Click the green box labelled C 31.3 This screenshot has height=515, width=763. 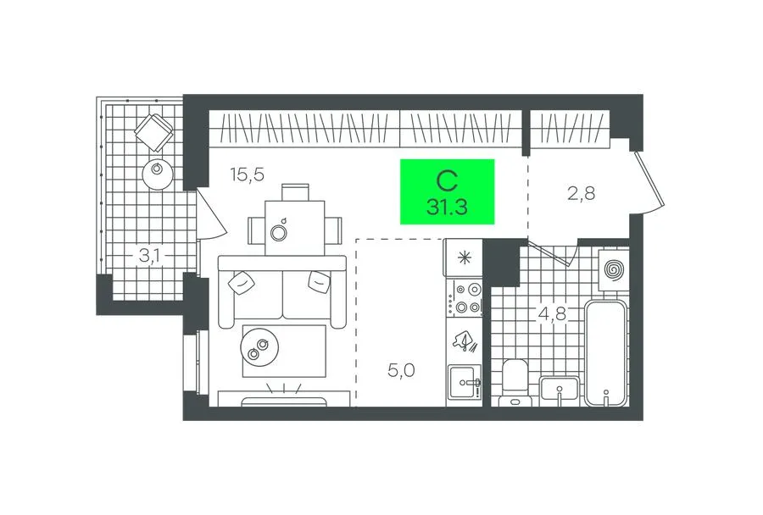click(447, 191)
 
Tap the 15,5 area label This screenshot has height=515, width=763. click(248, 174)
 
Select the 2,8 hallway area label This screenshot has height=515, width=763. click(581, 194)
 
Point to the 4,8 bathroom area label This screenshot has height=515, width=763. click(552, 313)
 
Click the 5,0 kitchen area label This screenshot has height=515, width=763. click(401, 370)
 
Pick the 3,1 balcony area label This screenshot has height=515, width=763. click(152, 255)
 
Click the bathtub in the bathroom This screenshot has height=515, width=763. click(605, 353)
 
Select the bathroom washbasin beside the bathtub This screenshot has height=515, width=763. click(560, 390)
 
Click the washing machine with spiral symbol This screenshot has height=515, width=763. click(614, 269)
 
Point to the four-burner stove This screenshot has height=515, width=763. click(465, 298)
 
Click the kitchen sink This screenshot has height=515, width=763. click(465, 382)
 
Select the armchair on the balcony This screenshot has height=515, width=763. click(153, 130)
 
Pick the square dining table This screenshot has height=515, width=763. click(295, 228)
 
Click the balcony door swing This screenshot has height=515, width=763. click(211, 213)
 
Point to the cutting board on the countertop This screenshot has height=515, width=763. click(465, 341)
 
